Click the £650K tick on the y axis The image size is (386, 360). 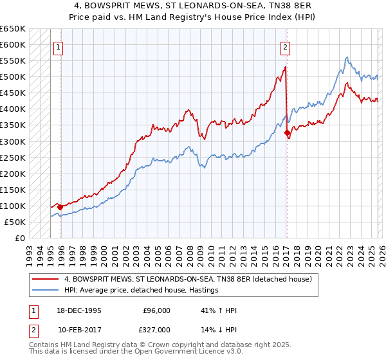[x=13, y=29]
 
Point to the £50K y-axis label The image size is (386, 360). [x=15, y=222]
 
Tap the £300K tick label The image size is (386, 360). [x=13, y=141]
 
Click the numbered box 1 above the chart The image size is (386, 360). [x=59, y=46]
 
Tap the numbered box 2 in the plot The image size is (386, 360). [x=285, y=46]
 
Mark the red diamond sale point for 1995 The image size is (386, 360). [x=60, y=207]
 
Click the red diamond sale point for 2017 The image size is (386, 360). [x=287, y=133]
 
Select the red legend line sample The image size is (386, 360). [x=46, y=279]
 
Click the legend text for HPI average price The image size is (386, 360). [x=141, y=290]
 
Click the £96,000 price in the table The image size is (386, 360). [x=156, y=310]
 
